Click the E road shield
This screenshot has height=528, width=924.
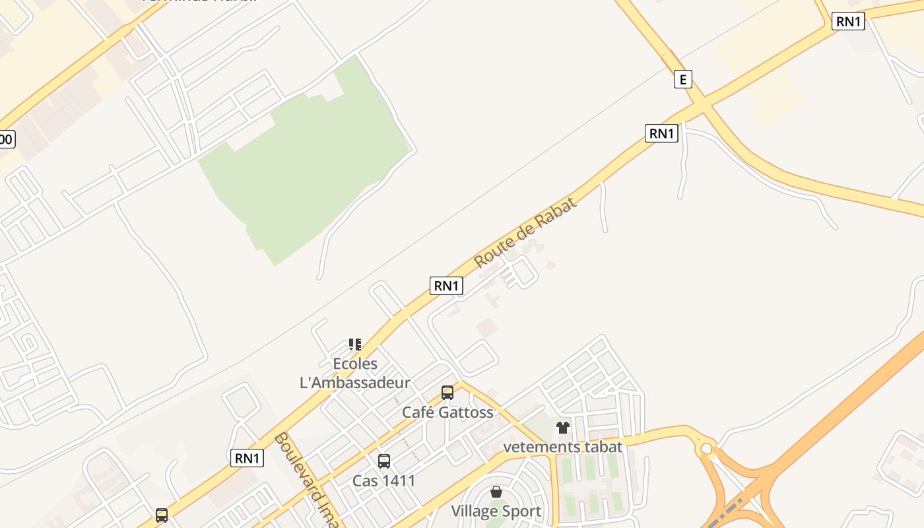[x=682, y=80]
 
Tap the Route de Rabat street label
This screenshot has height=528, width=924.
[x=525, y=232]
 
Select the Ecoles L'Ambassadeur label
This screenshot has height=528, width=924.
[x=355, y=373]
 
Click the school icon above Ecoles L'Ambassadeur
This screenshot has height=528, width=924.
[x=355, y=344]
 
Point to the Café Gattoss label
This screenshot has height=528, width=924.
[x=447, y=412]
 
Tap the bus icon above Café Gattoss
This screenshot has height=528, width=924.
[x=447, y=393]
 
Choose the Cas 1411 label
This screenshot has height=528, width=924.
[x=383, y=480]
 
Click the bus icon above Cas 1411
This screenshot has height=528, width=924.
[x=383, y=461]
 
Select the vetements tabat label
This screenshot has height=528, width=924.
[x=562, y=447]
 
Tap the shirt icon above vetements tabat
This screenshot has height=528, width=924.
[x=562, y=428]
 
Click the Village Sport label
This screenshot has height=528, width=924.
[x=496, y=511]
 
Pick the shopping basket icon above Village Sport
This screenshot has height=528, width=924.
[x=496, y=492]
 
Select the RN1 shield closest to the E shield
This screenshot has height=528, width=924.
[x=661, y=133]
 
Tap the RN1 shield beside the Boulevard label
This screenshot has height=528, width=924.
[x=247, y=458]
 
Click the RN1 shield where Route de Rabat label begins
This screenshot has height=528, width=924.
[x=446, y=286]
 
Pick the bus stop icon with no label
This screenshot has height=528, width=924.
[x=162, y=515]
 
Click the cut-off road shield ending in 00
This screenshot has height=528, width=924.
[x=6, y=139]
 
